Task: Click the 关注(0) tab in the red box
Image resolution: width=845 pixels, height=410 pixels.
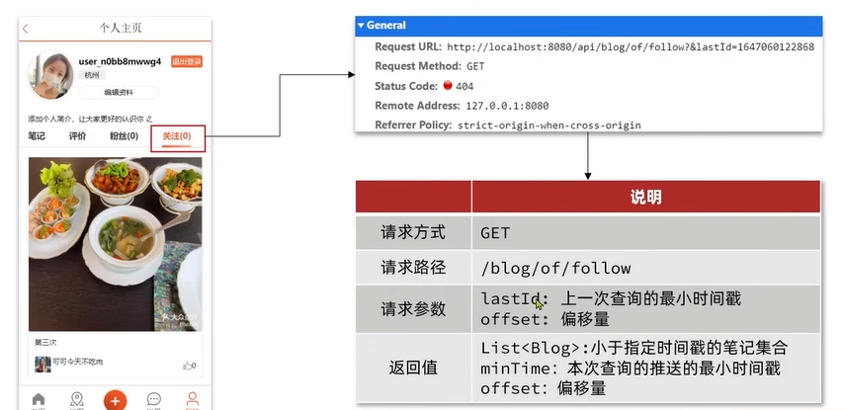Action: pyautogui.click(x=177, y=136)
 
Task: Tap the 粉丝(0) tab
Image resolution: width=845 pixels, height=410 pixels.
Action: pyautogui.click(x=124, y=136)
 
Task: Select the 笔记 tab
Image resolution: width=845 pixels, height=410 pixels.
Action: pyautogui.click(x=37, y=136)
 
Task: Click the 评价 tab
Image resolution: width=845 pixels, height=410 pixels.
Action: pyautogui.click(x=77, y=136)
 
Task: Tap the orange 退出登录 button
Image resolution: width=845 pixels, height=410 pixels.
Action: pyautogui.click(x=186, y=61)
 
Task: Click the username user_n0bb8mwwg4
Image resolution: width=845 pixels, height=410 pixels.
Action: pyautogui.click(x=120, y=61)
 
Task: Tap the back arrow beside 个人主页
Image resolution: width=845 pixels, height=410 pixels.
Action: pyautogui.click(x=26, y=29)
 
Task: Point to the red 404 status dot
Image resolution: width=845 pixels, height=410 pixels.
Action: pyautogui.click(x=448, y=86)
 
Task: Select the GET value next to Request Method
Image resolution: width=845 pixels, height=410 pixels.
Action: pyautogui.click(x=476, y=66)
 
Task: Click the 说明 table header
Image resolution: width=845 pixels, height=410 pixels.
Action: pyautogui.click(x=646, y=198)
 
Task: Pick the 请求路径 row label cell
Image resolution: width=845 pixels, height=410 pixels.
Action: pyautogui.click(x=413, y=267)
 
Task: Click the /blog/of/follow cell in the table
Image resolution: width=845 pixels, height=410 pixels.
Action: pyautogui.click(x=555, y=268)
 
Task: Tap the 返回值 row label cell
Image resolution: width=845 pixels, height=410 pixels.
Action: pyautogui.click(x=413, y=368)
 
